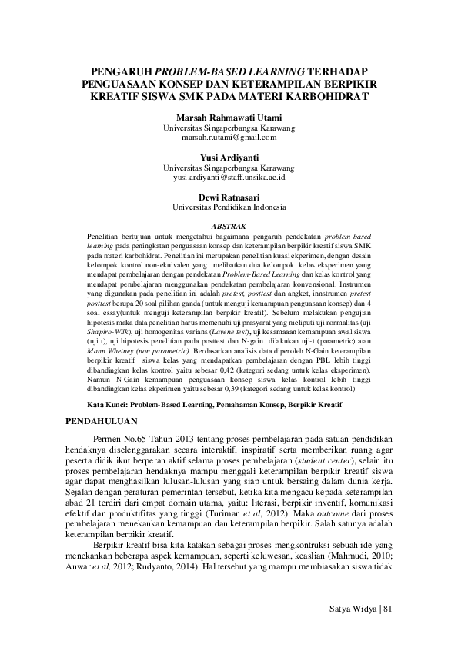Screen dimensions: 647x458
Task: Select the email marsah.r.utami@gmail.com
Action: coord(229,138)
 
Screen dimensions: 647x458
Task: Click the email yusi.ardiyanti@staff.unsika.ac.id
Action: coord(229,177)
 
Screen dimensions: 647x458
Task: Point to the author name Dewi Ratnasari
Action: coord(229,197)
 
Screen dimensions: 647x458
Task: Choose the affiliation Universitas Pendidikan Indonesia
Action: coord(229,207)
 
